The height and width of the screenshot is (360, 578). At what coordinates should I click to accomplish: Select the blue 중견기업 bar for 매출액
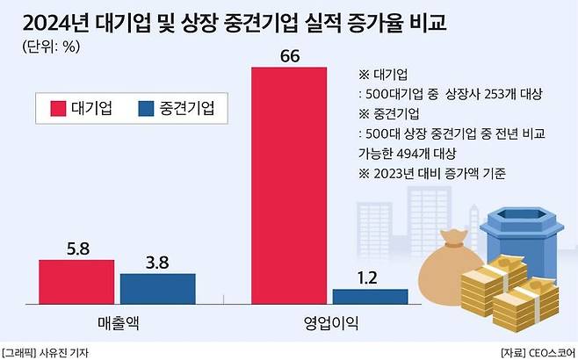[x=157, y=287]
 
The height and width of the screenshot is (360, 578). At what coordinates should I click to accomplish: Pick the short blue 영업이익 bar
[x=370, y=296]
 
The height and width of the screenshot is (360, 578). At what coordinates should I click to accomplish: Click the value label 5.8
[x=76, y=248]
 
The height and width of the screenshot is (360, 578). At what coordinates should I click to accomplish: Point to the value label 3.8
[x=157, y=262]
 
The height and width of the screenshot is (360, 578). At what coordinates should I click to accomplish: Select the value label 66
[x=290, y=57]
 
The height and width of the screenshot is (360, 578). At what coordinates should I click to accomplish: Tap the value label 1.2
[x=370, y=277]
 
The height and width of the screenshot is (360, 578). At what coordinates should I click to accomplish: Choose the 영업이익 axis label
[x=329, y=322]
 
